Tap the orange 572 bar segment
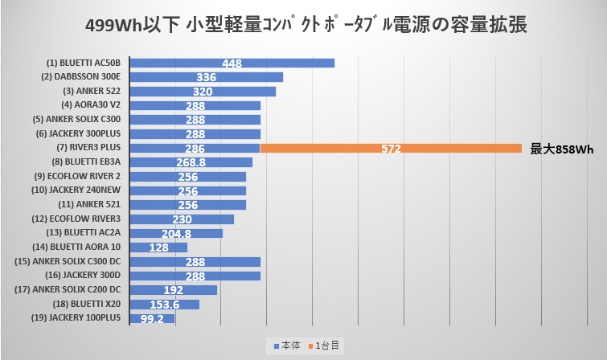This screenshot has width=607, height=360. (x=391, y=148)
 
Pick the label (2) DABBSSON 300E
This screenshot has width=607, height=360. (x=80, y=77)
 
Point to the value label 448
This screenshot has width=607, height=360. (x=232, y=63)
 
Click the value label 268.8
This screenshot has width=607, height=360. (x=191, y=162)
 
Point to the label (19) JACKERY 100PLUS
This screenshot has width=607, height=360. (x=79, y=318)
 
